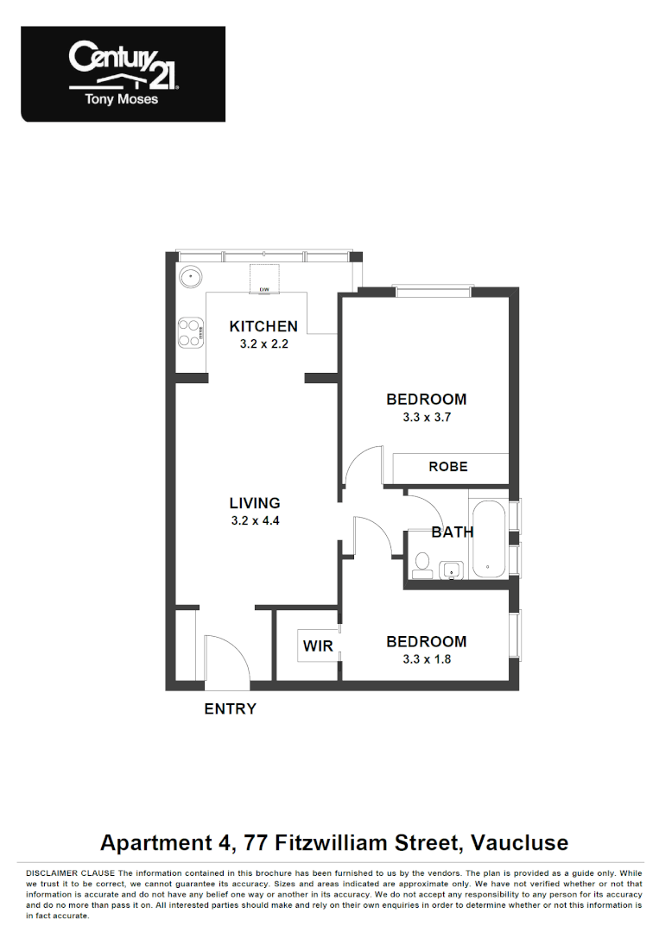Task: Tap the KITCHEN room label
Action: [263, 326]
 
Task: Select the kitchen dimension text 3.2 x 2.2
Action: [263, 343]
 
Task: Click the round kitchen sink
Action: [190, 278]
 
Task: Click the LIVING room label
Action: [255, 503]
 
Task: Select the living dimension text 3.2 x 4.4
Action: [255, 520]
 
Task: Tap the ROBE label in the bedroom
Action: [448, 467]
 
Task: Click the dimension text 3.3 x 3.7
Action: [427, 417]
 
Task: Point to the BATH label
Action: [452, 532]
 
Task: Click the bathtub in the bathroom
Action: [489, 539]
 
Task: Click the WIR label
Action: [318, 645]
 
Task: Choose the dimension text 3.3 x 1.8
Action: [427, 659]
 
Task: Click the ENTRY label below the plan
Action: [230, 709]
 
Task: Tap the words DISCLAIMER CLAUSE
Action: [72, 873]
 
